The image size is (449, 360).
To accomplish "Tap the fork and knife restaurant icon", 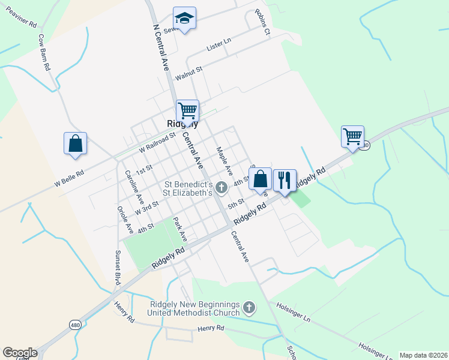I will coord(285,179).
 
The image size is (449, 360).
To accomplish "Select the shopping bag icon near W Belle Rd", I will coord(75,143).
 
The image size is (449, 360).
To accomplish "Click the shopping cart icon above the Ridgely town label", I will coord(187,110).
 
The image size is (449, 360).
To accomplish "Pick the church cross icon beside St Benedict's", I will coord(221,188).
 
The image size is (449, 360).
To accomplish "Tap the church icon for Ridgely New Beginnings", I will coord(249,308).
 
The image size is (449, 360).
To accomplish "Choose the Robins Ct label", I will coord(262,22).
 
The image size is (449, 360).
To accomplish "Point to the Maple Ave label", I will coord(224,161).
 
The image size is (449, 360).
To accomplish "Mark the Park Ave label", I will coord(180,229).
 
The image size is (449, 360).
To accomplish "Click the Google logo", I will coord(20,353).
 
